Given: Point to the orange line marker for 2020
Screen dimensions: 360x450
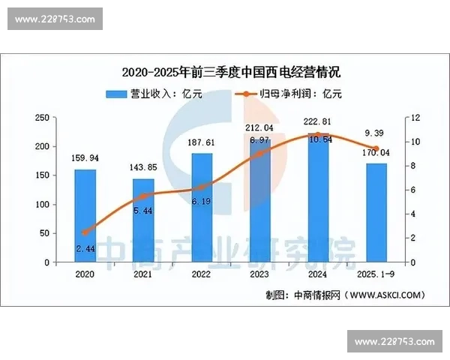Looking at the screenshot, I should pyautogui.click(x=85, y=232).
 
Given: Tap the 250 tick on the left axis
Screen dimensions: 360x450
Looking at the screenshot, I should pyautogui.click(x=43, y=118).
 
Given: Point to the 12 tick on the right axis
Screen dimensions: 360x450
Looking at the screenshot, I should pyautogui.click(x=415, y=118).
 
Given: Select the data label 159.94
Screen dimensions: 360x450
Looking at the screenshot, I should pyautogui.click(x=85, y=158).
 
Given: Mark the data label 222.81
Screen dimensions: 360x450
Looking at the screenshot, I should pyautogui.click(x=318, y=122).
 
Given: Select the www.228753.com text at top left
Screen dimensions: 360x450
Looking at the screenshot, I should pyautogui.click(x=55, y=18).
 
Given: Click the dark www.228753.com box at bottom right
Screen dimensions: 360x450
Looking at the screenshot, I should pyautogui.click(x=394, y=342).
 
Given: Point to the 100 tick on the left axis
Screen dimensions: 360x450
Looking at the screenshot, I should pyautogui.click(x=43, y=205).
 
